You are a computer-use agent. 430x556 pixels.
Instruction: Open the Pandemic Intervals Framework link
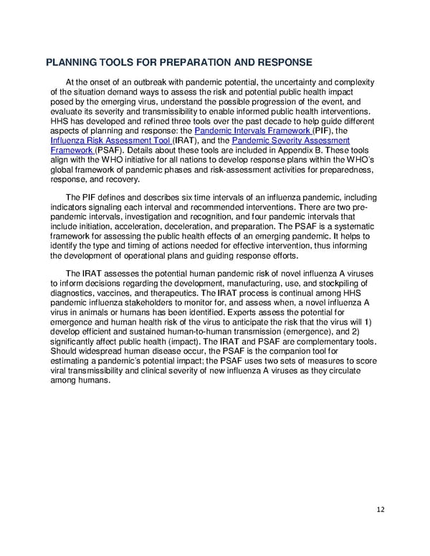(243, 131)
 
